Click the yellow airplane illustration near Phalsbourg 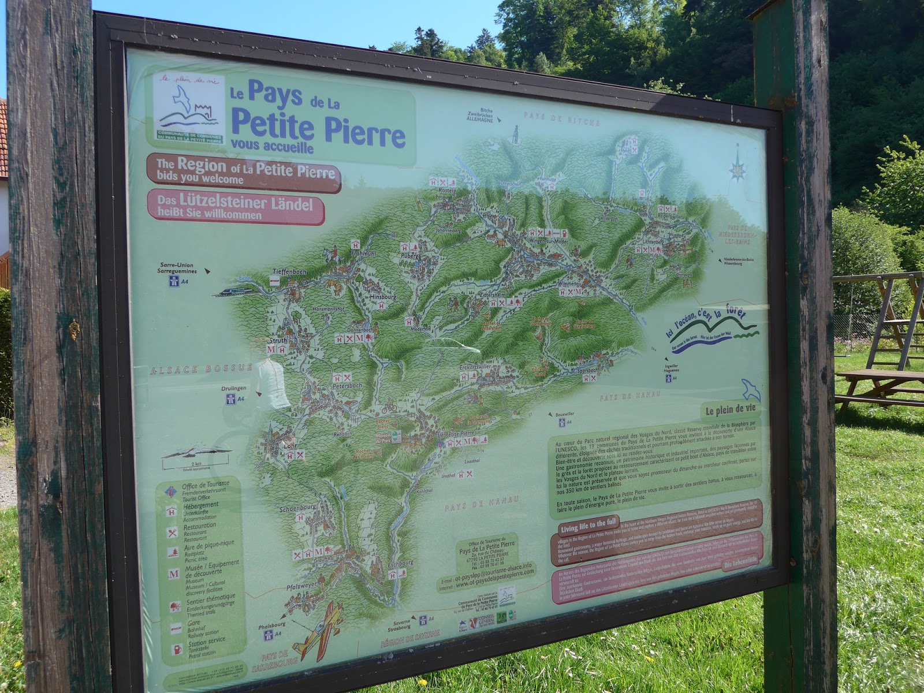316,631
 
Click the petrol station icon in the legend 172,648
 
